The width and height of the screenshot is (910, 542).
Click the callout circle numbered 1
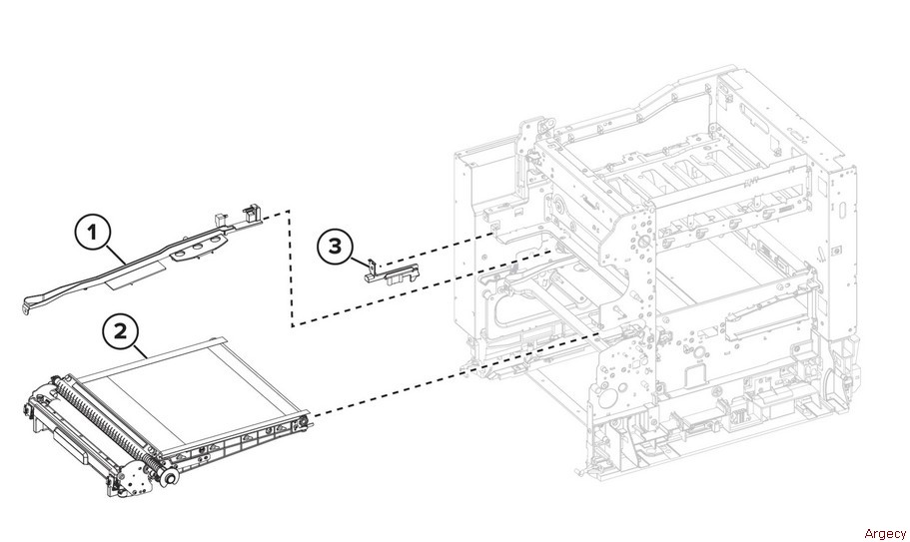coord(92,233)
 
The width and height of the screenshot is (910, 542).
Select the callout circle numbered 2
coord(120,331)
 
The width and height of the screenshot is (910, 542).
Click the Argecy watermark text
coord(884,533)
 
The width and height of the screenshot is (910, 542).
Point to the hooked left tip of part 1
coord(27,306)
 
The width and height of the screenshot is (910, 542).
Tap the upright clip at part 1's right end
coord(252,213)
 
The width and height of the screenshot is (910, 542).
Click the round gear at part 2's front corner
coord(170,478)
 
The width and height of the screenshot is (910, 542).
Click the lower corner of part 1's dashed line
coord(292,325)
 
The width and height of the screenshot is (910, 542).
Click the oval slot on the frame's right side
coord(841,209)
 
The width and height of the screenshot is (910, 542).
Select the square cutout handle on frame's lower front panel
coord(697,375)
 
